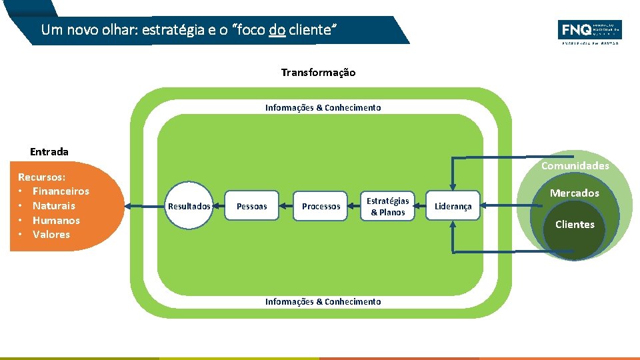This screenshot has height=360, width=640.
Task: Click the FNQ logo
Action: pyautogui.click(x=589, y=31)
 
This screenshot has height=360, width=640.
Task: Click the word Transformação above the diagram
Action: pyautogui.click(x=318, y=73)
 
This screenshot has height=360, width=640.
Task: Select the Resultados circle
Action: pyautogui.click(x=189, y=207)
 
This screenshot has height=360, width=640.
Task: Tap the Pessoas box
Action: pyautogui.click(x=252, y=207)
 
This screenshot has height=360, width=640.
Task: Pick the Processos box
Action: pyautogui.click(x=321, y=207)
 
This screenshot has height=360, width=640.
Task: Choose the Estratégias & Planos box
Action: pyautogui.click(x=387, y=207)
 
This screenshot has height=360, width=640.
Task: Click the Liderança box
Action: pyautogui.click(x=453, y=207)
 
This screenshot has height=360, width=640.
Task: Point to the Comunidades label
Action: pyautogui.click(x=575, y=166)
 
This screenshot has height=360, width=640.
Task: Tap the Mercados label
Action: pyautogui.click(x=574, y=193)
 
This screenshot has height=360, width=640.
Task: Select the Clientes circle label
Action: pyautogui.click(x=575, y=225)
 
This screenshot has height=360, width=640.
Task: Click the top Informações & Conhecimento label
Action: pyautogui.click(x=323, y=108)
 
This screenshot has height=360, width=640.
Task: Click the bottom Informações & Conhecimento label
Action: pyautogui.click(x=323, y=302)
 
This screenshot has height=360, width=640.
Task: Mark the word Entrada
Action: pyautogui.click(x=49, y=152)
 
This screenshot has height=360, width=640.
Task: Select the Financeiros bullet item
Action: pyautogui.click(x=61, y=191)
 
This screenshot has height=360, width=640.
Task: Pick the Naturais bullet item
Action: pyautogui.click(x=54, y=206)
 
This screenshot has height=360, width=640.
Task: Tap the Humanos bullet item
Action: pyautogui.click(x=56, y=221)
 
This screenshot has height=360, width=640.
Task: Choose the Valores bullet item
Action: pyautogui.click(x=51, y=235)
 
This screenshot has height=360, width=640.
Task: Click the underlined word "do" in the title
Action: pyautogui.click(x=277, y=30)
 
